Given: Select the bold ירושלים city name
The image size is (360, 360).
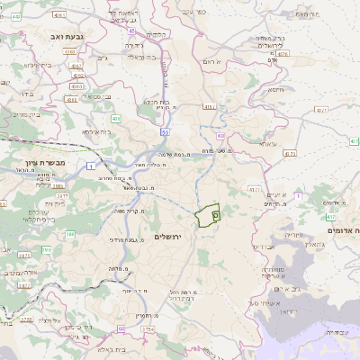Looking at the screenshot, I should coord(168,237).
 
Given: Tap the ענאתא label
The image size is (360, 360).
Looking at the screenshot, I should coord(267,144).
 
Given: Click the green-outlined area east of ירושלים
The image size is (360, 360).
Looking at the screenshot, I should coord(208,216).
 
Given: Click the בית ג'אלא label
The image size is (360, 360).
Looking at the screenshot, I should coord(106,349).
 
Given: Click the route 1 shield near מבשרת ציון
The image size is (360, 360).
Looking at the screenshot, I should coord(91,166).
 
